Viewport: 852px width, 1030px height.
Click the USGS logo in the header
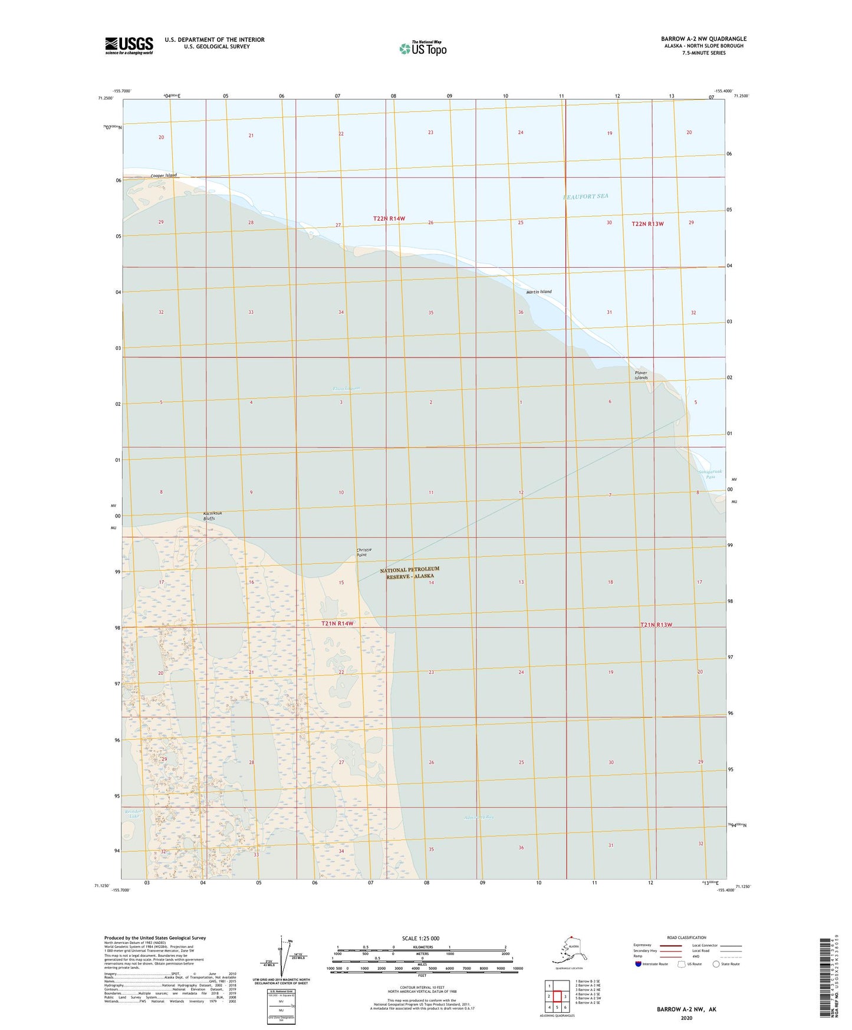click(x=129, y=45)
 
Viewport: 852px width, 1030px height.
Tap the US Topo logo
click(x=423, y=48)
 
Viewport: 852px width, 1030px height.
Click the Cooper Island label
click(x=163, y=175)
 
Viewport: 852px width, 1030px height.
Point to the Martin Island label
click(x=539, y=292)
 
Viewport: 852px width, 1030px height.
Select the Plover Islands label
click(x=641, y=375)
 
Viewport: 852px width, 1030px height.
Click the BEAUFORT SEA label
click(x=585, y=196)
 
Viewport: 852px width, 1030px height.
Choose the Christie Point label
click(x=364, y=552)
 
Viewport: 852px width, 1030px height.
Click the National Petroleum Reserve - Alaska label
click(x=410, y=573)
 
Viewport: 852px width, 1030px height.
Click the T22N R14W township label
click(x=389, y=219)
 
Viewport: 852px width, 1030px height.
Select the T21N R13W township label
click(x=656, y=625)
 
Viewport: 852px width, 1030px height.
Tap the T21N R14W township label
click(x=337, y=624)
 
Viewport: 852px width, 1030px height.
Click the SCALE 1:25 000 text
click(x=420, y=939)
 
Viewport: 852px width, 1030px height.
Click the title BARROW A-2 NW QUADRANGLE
click(x=703, y=39)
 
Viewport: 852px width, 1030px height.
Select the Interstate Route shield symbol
click(x=639, y=964)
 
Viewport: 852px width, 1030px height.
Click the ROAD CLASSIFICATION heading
click(x=686, y=937)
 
